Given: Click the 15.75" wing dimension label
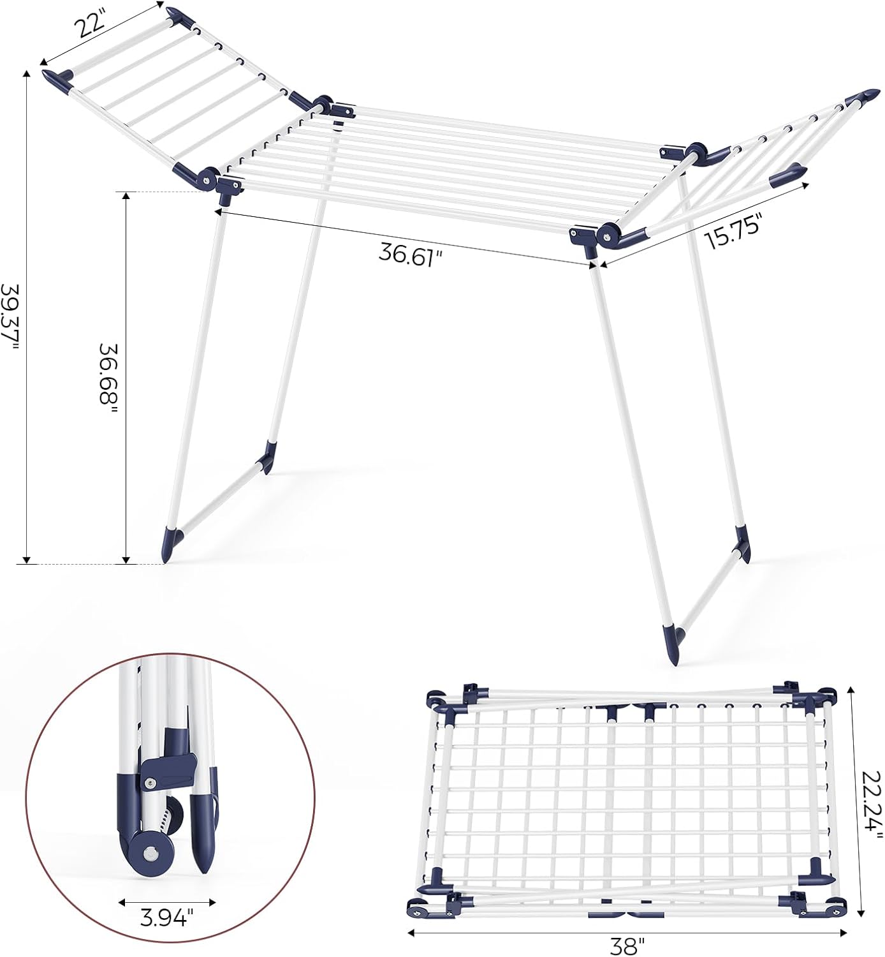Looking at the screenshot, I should [x=733, y=234].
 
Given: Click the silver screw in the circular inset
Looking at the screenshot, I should [x=150, y=853].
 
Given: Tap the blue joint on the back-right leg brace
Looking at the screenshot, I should [x=742, y=542].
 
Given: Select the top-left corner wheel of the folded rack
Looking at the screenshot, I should [x=437, y=699].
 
